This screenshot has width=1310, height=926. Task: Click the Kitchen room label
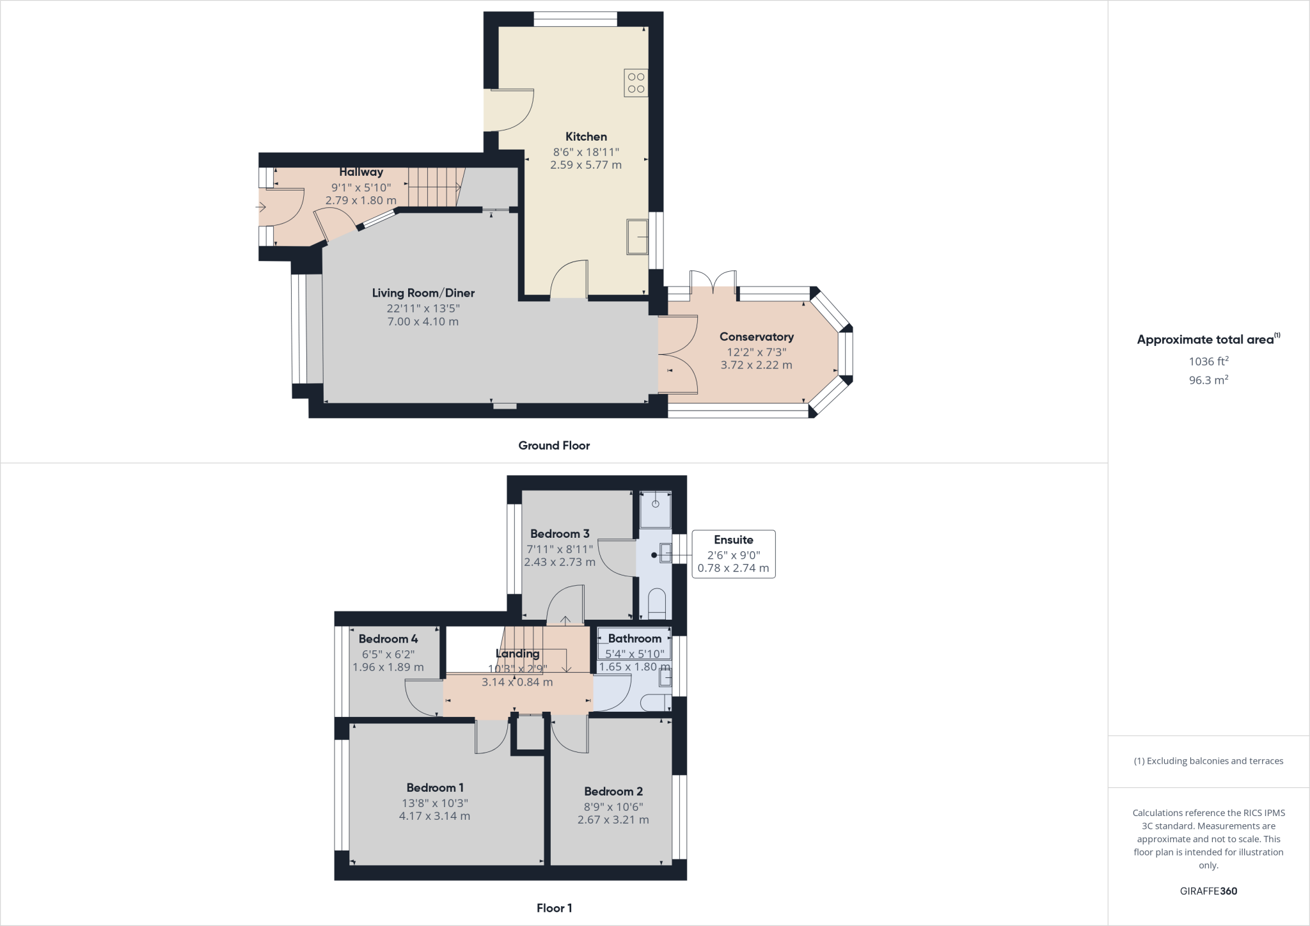[x=586, y=136]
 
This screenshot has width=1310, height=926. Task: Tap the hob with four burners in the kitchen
[x=636, y=83]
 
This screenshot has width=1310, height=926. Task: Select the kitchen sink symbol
[x=636, y=237]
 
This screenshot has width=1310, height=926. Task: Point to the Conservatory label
[x=756, y=336]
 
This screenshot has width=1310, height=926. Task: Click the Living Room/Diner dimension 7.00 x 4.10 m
[x=423, y=322]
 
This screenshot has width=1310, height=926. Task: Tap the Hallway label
[x=361, y=171]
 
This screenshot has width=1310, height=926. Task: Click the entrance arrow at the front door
[x=260, y=207]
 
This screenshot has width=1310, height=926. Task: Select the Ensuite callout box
[x=733, y=554]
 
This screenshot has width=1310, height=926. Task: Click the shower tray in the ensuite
[x=656, y=509]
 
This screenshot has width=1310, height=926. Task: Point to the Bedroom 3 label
[x=559, y=533]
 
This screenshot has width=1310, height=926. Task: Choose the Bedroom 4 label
[x=388, y=638]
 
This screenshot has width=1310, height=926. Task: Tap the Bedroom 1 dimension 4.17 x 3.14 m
[x=434, y=816]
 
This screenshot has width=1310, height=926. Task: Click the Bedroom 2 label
[x=613, y=791]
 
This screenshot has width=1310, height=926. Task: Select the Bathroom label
[x=635, y=638]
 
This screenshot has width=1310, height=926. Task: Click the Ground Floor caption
[x=554, y=446]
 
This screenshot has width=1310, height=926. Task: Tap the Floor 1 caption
[x=554, y=908]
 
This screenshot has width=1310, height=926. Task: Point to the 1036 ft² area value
[x=1208, y=361]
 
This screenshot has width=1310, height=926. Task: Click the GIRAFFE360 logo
[x=1208, y=891]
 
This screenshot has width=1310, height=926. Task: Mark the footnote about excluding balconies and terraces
[x=1208, y=761]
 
